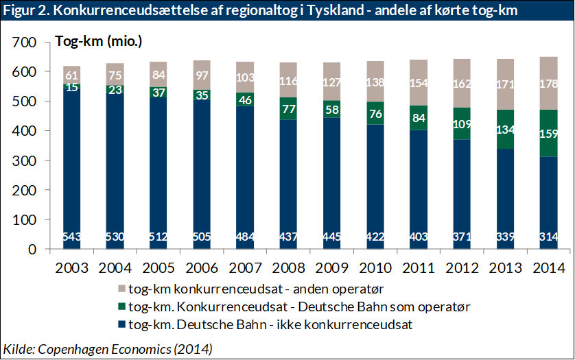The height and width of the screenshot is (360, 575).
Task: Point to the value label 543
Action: (71, 237)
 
